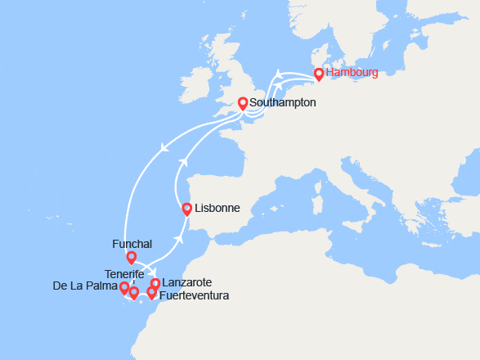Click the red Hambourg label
point(352,73)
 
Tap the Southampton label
point(281,104)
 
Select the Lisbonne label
point(218,208)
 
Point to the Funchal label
point(132,244)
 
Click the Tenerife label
point(125,273)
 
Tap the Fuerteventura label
point(195,295)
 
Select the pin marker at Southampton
point(242,103)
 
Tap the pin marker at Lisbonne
point(187,209)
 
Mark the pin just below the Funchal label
point(131,257)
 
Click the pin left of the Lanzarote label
point(155,284)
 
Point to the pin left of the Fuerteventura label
point(151,292)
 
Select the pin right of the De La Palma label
point(124,287)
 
